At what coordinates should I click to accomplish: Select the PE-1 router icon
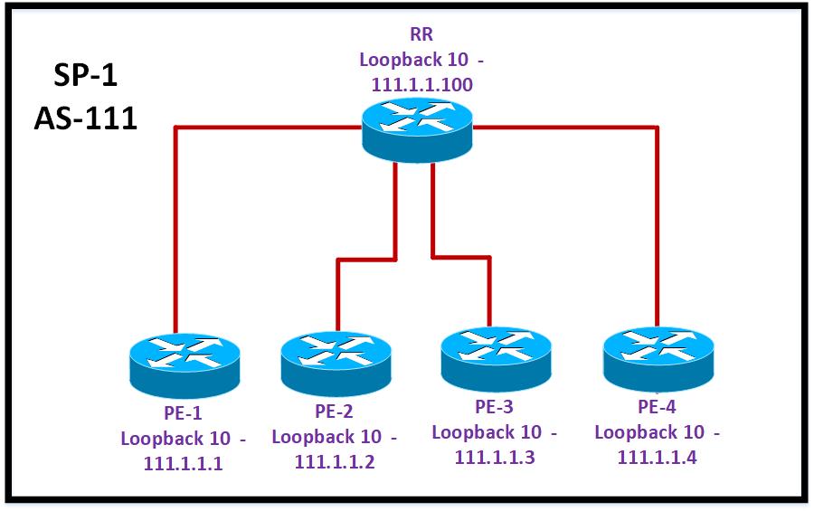point(185,364)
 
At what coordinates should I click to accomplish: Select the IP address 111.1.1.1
point(183,464)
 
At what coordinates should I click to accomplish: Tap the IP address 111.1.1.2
point(335,462)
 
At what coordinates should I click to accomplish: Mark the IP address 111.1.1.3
point(496,458)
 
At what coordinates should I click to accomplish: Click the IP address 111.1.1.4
point(658,458)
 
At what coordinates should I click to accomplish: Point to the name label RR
point(421,36)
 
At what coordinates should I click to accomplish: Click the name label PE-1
point(183,414)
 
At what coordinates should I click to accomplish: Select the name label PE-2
point(334,412)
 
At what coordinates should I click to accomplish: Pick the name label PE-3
point(495,406)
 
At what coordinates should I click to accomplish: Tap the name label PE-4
point(657,406)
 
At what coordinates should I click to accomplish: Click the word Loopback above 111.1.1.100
point(399,60)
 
